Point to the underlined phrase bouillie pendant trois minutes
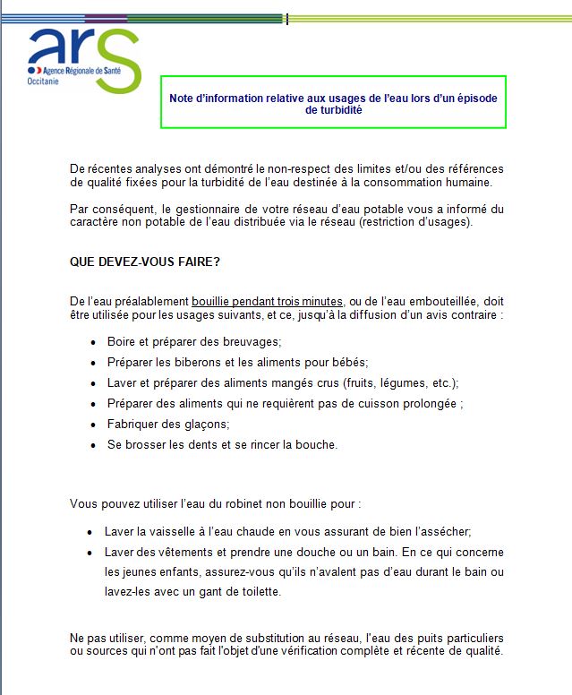click(267, 302)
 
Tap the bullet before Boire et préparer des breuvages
click(95, 343)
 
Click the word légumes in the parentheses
click(385, 382)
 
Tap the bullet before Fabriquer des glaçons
click(95, 425)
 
